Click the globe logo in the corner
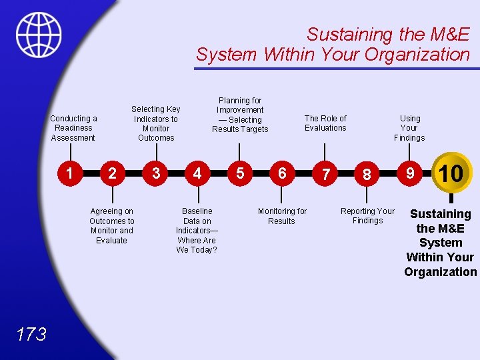point(39,35)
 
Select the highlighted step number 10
point(451,173)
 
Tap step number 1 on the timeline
point(69,173)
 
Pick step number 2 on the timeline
point(112,173)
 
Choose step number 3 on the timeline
point(155,173)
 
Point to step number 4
point(197,173)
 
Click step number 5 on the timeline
point(240,173)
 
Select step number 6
point(282,173)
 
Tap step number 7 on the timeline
point(325,174)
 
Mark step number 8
point(367,174)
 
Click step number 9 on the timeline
point(411,173)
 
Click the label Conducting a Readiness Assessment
point(73,128)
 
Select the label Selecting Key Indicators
point(156,123)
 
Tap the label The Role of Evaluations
point(325,123)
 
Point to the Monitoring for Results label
point(282,216)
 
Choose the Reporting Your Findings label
point(367,216)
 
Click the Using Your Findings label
point(409,128)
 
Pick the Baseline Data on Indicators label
point(197,230)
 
